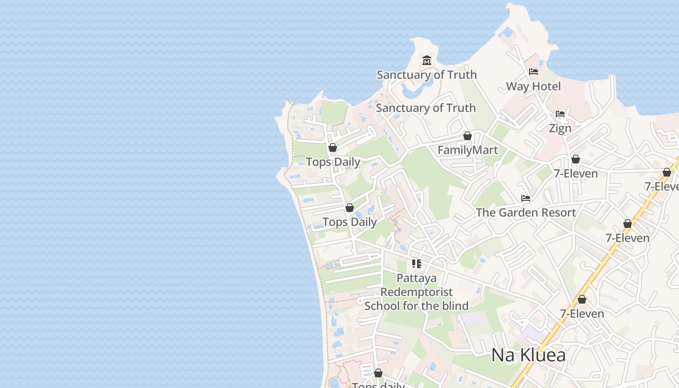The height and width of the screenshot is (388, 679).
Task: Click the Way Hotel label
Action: point(533,86)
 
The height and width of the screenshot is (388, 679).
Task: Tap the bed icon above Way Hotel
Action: point(533,72)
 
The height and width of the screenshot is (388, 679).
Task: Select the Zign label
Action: point(560,129)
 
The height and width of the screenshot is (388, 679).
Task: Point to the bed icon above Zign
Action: point(560,114)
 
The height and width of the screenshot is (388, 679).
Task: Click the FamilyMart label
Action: point(468,150)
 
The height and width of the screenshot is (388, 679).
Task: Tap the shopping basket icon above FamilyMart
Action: point(468,136)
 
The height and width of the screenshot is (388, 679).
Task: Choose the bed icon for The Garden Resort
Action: point(526,198)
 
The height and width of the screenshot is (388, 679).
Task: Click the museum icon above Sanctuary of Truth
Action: point(427,61)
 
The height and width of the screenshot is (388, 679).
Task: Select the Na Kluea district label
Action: point(528,355)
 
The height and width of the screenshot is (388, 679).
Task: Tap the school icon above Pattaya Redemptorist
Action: point(417,264)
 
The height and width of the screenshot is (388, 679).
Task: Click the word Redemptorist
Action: point(417,292)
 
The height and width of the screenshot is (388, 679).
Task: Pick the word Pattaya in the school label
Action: point(417,278)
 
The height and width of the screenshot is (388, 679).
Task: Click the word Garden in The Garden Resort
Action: point(516,212)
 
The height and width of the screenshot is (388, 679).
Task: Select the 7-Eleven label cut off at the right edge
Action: point(662,187)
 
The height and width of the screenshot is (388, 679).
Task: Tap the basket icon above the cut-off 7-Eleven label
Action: point(667,172)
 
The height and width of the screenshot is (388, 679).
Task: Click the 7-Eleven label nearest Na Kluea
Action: point(582,314)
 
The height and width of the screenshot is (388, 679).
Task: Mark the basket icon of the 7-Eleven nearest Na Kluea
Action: point(582,299)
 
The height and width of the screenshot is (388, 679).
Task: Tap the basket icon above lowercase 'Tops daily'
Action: point(378,373)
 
